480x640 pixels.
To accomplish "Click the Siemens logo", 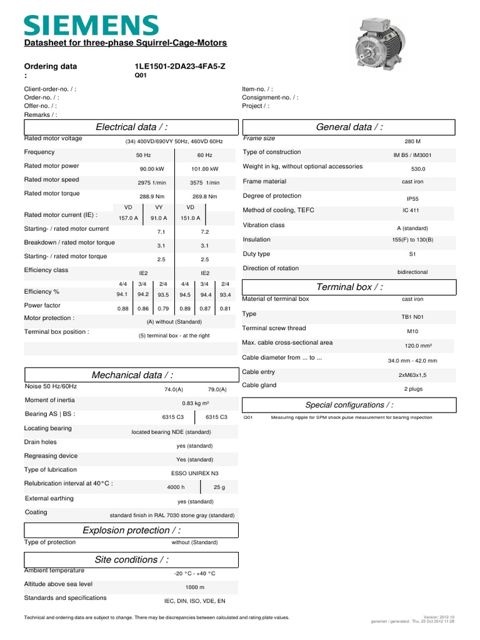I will (x=91, y=25).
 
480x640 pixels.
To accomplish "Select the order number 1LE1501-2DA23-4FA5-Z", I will (x=179, y=66).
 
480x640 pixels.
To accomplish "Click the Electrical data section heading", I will (x=132, y=127).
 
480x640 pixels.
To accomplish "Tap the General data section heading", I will (x=349, y=127).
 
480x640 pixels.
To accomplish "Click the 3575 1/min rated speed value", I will (x=204, y=182).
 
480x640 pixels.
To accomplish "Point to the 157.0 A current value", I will (x=128, y=218).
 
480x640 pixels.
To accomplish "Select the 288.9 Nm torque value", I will (x=152, y=196).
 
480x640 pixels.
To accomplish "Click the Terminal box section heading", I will (x=350, y=287).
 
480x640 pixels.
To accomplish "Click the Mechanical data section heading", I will (x=132, y=374).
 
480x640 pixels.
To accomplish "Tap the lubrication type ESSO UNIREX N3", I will (x=195, y=473).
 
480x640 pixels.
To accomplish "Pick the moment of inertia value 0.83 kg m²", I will (x=195, y=403).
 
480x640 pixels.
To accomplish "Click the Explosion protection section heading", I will (x=132, y=530).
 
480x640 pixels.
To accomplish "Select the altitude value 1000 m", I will (x=194, y=587).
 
